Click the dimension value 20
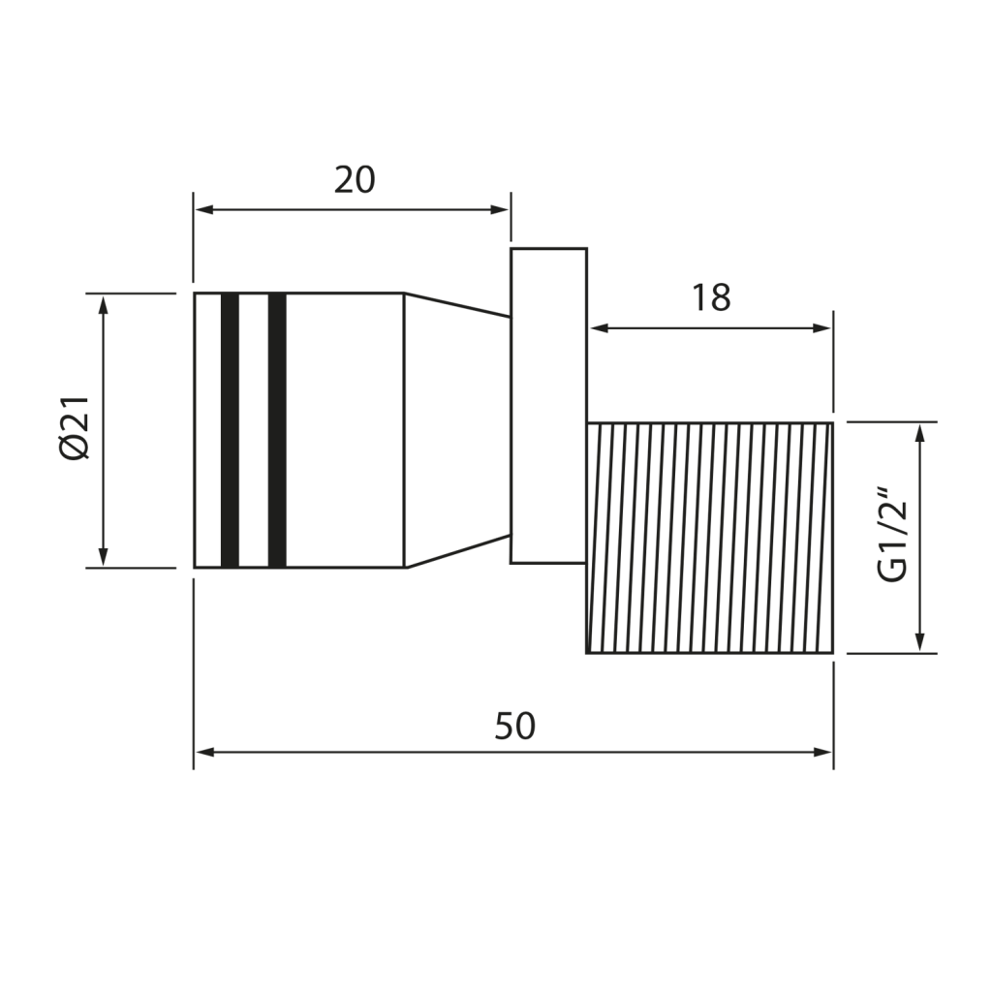pos(355,180)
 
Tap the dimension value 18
pos(711,298)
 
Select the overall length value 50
pos(515,727)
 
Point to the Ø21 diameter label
pos(75,428)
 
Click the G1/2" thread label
pos(893,534)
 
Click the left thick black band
pos(231,430)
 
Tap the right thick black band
pos(277,430)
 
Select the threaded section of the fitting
pos(710,537)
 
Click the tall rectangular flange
pos(549,406)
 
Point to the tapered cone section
pos(457,430)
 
